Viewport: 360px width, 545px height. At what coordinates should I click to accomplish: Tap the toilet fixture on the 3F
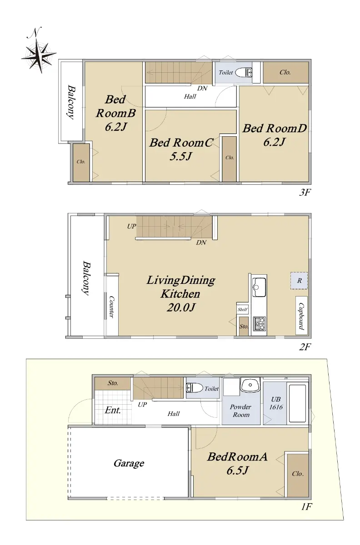244,73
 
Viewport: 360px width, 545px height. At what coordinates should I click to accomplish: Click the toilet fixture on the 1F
195,387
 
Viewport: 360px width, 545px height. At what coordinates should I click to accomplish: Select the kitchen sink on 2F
259,287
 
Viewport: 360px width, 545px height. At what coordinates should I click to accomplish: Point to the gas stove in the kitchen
259,323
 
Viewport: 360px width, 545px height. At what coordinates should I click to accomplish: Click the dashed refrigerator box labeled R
299,281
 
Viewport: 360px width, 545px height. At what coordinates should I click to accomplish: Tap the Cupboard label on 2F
301,316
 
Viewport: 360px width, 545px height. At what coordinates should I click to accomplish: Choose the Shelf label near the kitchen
243,309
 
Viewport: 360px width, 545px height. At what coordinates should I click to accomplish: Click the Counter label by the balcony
111,307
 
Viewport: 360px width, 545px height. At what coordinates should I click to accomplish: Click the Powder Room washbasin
250,385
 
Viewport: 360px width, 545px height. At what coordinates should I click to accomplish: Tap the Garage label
129,463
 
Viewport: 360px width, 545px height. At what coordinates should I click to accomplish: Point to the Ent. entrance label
113,410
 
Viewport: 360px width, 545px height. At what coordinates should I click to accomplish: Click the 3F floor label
305,193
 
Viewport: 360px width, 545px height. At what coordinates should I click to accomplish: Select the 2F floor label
305,347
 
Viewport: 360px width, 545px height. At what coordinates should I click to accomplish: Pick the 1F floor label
306,507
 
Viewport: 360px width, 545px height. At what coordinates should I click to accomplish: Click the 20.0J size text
181,308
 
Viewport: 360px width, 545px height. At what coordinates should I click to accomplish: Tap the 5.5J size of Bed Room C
181,156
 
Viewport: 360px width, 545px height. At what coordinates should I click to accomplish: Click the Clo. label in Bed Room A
298,474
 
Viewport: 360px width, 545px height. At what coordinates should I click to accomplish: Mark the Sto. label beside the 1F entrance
113,383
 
